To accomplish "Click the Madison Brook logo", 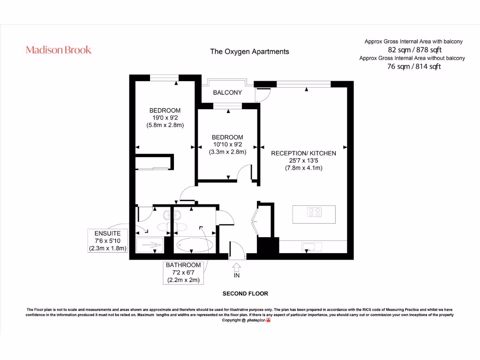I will [59, 50].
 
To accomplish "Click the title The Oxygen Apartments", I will [249, 52].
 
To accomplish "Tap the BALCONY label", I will [227, 92].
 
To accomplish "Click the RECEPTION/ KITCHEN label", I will [303, 153].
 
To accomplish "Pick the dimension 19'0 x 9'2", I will [165, 118].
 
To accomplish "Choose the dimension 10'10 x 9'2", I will [227, 145].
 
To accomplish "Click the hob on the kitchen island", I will [314, 212].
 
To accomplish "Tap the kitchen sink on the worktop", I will [310, 247].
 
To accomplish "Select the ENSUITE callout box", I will [108, 241].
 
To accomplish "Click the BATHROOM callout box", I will [183, 272].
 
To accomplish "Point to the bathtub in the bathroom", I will [195, 245].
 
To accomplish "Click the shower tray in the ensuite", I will [149, 245].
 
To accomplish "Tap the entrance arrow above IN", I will [237, 267].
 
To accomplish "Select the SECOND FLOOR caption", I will [245, 293].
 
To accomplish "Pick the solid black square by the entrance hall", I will [268, 245].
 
